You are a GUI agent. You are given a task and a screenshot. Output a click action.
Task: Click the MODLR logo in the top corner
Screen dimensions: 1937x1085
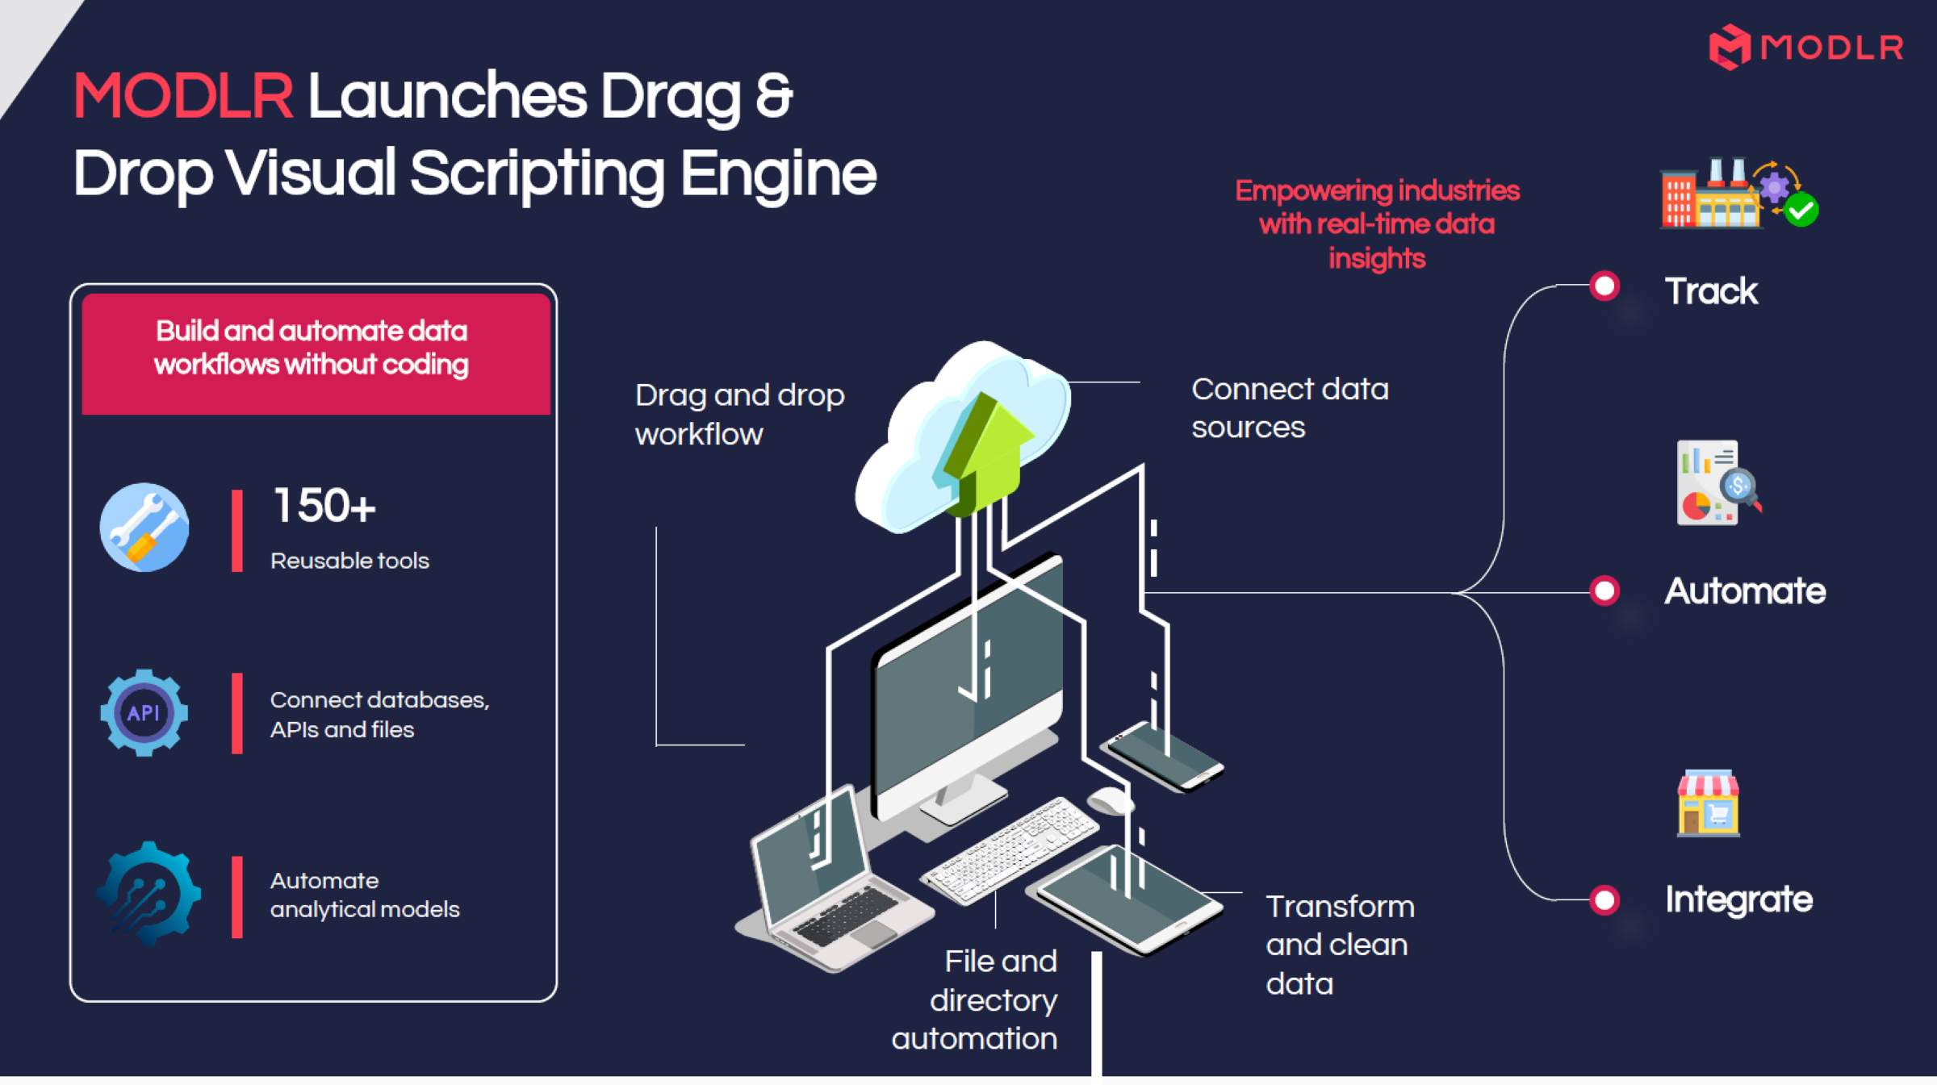[x=1806, y=47]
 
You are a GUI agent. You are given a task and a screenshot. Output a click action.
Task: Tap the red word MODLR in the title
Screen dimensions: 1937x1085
[x=183, y=96]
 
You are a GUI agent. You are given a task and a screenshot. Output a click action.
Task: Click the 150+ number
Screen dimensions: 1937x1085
[x=324, y=506]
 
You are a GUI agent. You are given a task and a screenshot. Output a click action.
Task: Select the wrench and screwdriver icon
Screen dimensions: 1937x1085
[x=144, y=528]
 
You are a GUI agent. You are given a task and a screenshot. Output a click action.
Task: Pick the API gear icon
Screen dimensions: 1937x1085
[x=144, y=712]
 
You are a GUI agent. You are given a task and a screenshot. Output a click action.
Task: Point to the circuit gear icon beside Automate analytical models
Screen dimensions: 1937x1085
[x=149, y=893]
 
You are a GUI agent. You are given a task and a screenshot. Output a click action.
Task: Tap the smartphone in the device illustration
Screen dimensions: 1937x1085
[x=1165, y=756]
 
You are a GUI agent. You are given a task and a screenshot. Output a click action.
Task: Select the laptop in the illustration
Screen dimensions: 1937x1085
[x=831, y=879]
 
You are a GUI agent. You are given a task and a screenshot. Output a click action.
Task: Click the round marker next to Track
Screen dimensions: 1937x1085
[x=1604, y=286]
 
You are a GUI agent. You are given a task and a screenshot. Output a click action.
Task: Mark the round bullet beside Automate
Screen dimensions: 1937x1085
[x=1604, y=590]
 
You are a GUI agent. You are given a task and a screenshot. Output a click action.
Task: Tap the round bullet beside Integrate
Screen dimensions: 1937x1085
[x=1604, y=899]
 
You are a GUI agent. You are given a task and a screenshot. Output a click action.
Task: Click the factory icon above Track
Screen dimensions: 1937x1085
[x=1738, y=193]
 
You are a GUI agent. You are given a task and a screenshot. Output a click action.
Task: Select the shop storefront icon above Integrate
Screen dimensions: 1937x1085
[x=1709, y=803]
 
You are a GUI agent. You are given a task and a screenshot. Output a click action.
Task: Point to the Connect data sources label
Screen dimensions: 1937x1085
[x=1290, y=408]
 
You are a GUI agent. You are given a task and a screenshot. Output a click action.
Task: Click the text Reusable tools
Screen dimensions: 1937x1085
[x=349, y=561]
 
